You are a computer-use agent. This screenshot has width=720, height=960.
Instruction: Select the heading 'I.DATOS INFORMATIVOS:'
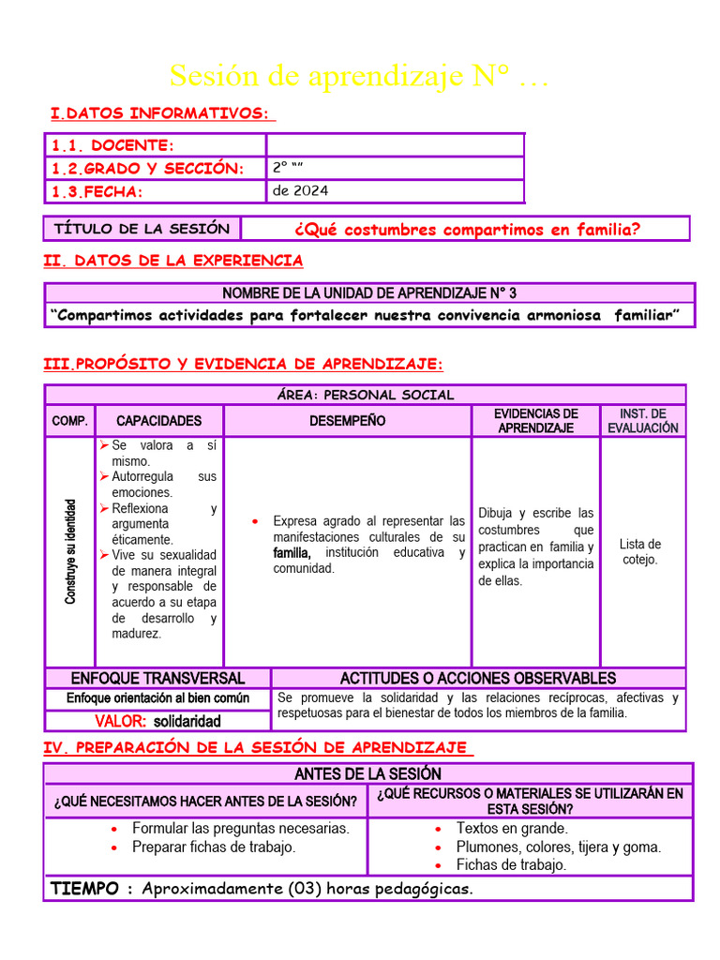click(x=161, y=113)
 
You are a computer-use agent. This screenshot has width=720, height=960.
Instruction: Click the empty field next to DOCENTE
click(x=395, y=145)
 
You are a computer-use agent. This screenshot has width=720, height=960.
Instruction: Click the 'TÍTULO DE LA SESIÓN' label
click(x=142, y=229)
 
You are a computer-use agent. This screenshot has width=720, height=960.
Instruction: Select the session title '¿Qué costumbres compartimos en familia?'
click(x=467, y=230)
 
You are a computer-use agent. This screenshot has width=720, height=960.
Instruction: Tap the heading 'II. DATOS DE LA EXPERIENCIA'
click(x=173, y=261)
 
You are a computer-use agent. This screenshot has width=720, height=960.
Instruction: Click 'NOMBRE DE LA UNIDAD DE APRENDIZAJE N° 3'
click(x=369, y=293)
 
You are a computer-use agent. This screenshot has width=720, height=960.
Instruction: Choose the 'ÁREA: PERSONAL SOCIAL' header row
click(x=366, y=395)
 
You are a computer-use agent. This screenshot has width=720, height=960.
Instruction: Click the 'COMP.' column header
click(x=69, y=421)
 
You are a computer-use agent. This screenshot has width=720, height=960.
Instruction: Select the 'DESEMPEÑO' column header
click(x=347, y=421)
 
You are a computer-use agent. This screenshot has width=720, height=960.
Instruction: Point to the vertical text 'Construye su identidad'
click(x=70, y=551)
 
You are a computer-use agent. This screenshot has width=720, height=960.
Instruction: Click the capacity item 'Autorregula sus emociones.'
click(x=159, y=485)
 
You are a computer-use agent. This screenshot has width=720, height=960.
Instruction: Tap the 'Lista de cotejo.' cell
click(x=640, y=551)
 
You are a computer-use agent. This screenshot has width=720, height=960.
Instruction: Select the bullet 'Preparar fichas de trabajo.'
click(x=214, y=847)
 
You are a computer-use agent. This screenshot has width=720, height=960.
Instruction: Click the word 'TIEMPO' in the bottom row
click(x=84, y=888)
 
